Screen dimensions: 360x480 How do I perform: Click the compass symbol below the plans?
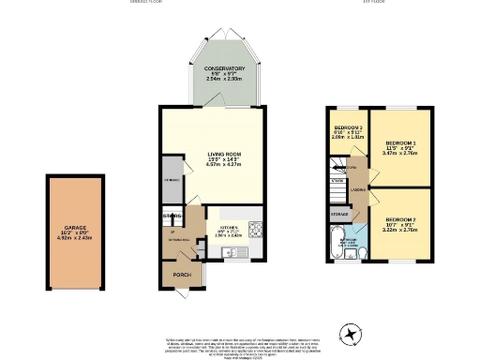pyautogui.click(x=350, y=334)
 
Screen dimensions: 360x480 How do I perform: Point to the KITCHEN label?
pyautogui.click(x=229, y=226)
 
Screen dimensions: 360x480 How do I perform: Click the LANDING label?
pyautogui.click(x=358, y=190)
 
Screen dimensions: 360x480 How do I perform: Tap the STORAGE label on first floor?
pyautogui.click(x=338, y=214)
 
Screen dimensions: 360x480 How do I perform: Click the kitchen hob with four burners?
pyautogui.click(x=256, y=224)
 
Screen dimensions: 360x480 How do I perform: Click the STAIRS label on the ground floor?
pyautogui.click(x=171, y=217)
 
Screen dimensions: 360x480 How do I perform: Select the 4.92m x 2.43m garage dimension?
pyautogui.click(x=75, y=237)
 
